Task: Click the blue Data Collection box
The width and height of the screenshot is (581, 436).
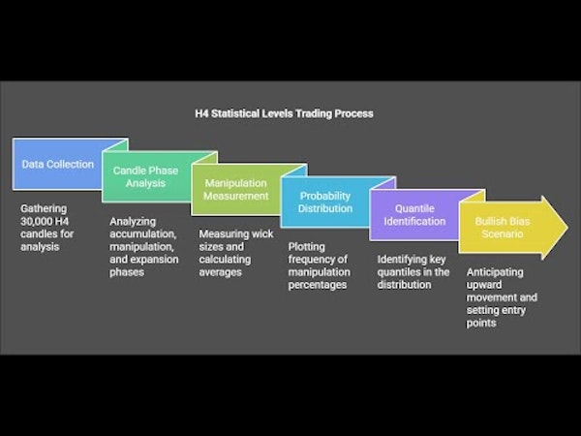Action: [x=57, y=165]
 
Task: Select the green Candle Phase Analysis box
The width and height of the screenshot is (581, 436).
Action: [x=145, y=177]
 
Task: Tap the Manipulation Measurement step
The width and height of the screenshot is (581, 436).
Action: [x=235, y=190]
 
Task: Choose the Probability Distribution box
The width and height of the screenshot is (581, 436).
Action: [x=325, y=202]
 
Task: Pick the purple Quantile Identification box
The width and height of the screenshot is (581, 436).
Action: [x=414, y=215]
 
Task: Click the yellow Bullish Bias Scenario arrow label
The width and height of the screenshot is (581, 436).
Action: [x=503, y=228]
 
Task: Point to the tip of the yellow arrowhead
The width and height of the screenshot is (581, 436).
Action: [x=567, y=228]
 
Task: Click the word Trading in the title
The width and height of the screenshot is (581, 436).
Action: [x=315, y=113]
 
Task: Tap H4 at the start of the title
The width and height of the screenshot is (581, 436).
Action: [x=201, y=113]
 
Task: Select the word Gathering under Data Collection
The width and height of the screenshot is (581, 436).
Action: [x=44, y=209]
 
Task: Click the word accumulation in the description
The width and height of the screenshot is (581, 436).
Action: [x=142, y=234]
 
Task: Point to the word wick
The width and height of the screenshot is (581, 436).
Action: [x=262, y=234]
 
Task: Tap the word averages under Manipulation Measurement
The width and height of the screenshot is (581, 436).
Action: [x=220, y=272]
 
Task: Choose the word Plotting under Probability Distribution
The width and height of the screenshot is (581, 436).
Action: [x=306, y=247]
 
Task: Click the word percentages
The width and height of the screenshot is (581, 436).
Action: [x=318, y=285]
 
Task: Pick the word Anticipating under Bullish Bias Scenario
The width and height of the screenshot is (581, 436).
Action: [x=495, y=272]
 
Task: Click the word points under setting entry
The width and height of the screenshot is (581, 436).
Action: [x=481, y=324]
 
